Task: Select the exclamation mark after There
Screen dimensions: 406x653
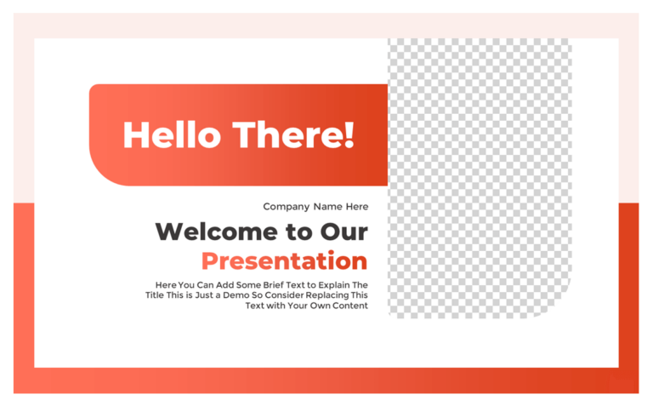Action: (x=349, y=134)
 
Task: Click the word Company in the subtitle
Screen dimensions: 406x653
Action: (x=286, y=207)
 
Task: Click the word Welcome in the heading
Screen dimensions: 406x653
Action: (x=215, y=232)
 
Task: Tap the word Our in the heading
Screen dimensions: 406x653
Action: (x=344, y=232)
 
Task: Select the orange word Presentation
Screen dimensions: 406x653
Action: (x=284, y=260)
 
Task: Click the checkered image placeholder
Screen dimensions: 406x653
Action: (x=480, y=170)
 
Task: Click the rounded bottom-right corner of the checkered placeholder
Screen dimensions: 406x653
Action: (x=562, y=307)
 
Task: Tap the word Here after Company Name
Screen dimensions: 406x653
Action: (x=357, y=207)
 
